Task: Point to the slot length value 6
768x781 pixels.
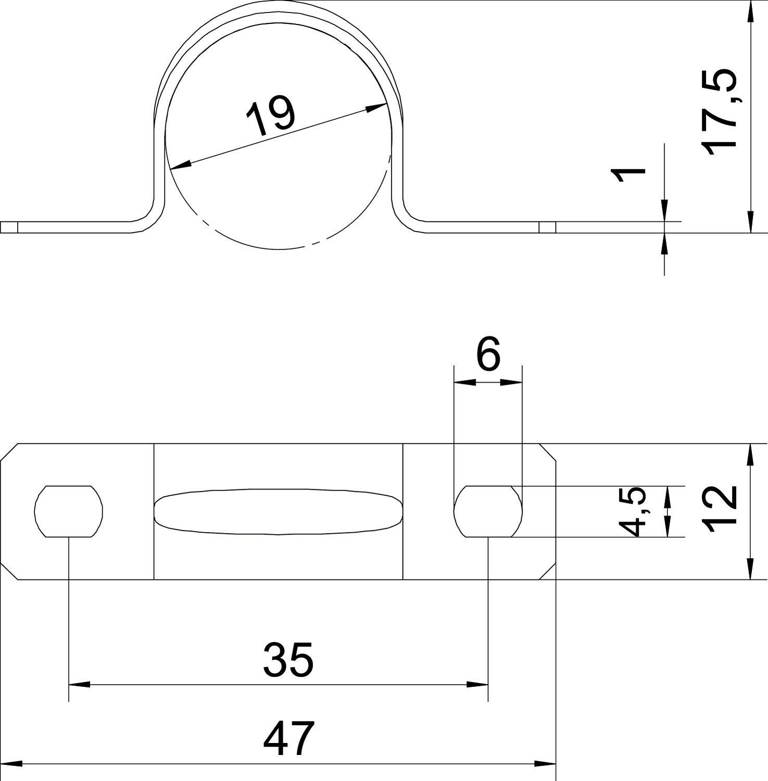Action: (488, 354)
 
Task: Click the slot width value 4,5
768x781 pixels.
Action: (637, 511)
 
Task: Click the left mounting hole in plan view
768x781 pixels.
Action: (69, 511)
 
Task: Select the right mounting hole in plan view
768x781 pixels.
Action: (488, 511)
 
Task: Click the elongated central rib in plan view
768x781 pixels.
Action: (279, 511)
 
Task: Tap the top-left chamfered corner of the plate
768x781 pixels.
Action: (9, 452)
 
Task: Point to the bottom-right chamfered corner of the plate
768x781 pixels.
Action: (548, 571)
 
